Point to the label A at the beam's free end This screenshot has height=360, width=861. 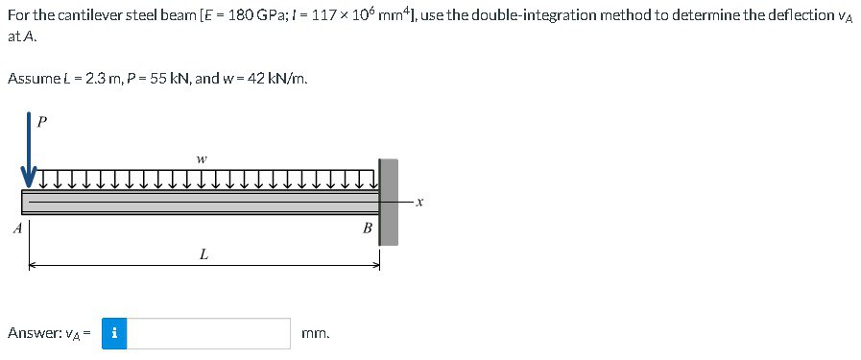[x=15, y=228]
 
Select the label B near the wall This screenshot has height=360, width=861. [x=366, y=228]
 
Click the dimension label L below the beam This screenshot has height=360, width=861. [x=203, y=254]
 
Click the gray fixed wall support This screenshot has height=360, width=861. [x=388, y=202]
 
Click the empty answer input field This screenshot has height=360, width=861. [x=209, y=333]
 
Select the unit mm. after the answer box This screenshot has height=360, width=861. [x=316, y=334]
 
